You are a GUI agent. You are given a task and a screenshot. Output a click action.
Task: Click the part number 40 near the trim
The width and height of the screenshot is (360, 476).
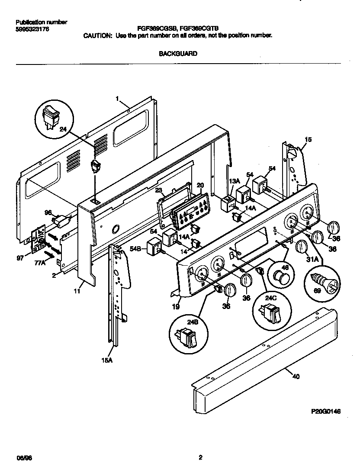pyautogui.click(x=296, y=376)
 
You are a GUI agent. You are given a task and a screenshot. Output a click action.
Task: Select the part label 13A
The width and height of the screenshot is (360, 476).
pyautogui.click(x=234, y=181)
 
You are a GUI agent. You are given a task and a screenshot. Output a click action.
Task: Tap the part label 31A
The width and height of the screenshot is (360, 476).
pyautogui.click(x=312, y=260)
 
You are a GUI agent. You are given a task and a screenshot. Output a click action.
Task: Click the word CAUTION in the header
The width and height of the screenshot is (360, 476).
pyautogui.click(x=97, y=36)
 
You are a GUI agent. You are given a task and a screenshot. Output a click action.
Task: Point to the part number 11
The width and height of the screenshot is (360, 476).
pyautogui.click(x=77, y=292)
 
